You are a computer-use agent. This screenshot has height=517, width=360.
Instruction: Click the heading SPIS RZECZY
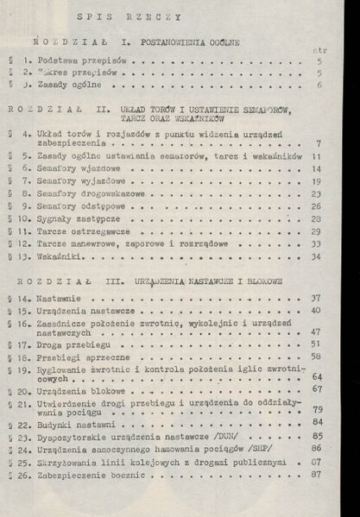pos(129,16)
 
